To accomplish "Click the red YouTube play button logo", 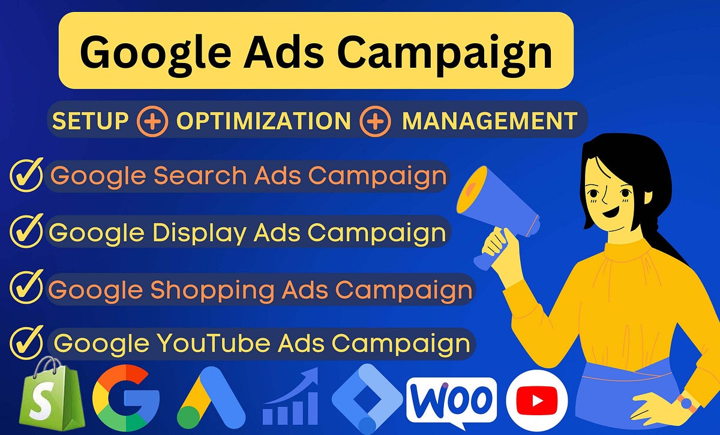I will point(536,398).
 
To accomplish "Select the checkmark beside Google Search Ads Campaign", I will point(26,175).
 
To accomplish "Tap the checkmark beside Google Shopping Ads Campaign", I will point(26,288).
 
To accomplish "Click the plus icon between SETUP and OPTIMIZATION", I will point(152,121).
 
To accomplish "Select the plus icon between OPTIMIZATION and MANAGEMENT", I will point(376,121).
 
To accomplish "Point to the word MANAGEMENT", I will point(489,121).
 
